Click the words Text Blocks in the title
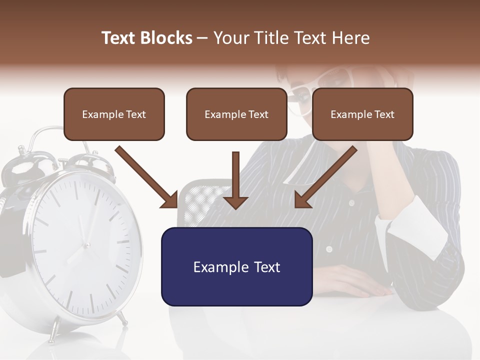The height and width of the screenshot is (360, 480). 146,38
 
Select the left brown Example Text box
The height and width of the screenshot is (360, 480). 114,114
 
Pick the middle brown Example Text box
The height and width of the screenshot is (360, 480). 236,114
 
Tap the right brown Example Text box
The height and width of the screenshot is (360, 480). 362,114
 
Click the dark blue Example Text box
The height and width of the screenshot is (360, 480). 236,266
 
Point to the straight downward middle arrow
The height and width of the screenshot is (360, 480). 235,180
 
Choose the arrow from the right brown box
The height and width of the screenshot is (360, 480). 325,177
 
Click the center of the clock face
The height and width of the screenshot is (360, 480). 86,245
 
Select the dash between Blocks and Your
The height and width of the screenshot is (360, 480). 202,38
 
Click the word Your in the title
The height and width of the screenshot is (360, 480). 232,38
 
